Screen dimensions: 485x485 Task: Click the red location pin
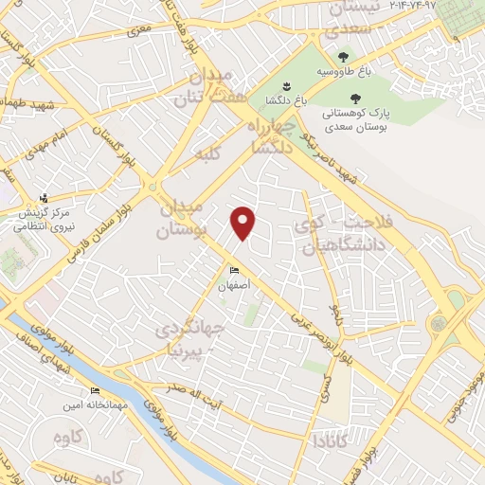tap(243, 223)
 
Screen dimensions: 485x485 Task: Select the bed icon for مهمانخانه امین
tap(95, 391)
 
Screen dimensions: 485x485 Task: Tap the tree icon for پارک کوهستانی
tap(356, 98)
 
